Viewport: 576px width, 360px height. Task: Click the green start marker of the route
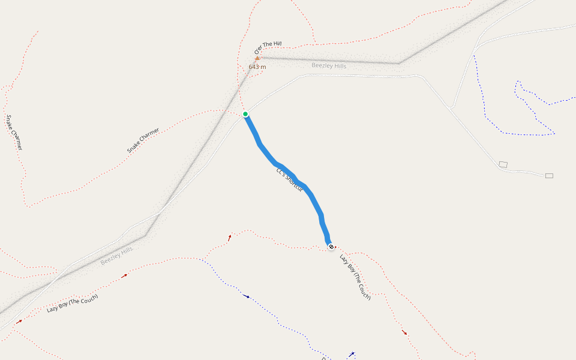pyautogui.click(x=245, y=114)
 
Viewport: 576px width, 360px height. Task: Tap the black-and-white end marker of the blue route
pyautogui.click(x=331, y=246)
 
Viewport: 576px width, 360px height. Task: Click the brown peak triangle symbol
pyautogui.click(x=257, y=59)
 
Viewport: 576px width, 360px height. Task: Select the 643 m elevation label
pyautogui.click(x=257, y=67)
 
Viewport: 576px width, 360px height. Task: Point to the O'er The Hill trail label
pyautogui.click(x=268, y=48)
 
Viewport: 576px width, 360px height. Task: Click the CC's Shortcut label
pyautogui.click(x=290, y=180)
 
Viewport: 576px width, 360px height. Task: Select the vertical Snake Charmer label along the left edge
pyautogui.click(x=15, y=132)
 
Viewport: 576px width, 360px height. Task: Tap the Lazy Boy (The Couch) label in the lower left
pyautogui.click(x=72, y=304)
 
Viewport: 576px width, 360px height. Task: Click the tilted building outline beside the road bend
pyautogui.click(x=503, y=164)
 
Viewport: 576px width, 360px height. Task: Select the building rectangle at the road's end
pyautogui.click(x=549, y=176)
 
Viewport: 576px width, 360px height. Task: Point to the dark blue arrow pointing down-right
pyautogui.click(x=247, y=296)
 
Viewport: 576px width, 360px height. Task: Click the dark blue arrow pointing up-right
pyautogui.click(x=352, y=354)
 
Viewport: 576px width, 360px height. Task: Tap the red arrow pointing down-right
pyautogui.click(x=404, y=332)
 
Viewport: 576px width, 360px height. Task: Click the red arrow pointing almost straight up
pyautogui.click(x=229, y=238)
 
